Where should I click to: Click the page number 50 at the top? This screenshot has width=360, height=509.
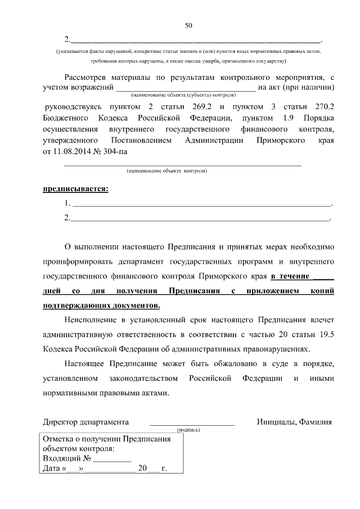[188, 25]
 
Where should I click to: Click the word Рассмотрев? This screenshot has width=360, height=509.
[87, 77]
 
